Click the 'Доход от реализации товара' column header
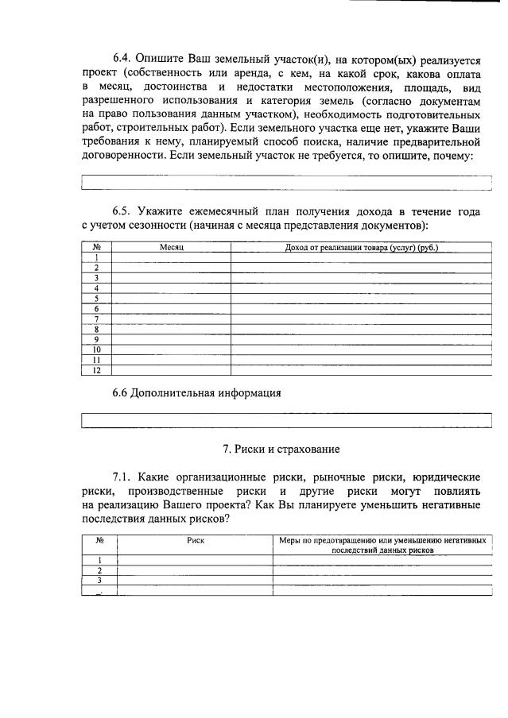[362, 248]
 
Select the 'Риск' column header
[196, 539]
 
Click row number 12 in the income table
[96, 369]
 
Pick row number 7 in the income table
[96, 318]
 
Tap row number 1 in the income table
[96, 257]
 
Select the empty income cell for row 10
[362, 349]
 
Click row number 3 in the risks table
[99, 581]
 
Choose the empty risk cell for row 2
[196, 570]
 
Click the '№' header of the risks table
[99, 539]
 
